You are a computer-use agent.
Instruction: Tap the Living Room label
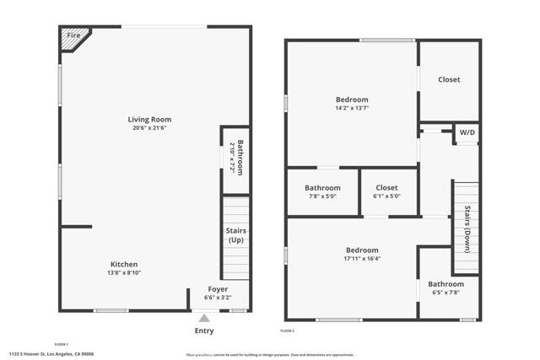point(149,120)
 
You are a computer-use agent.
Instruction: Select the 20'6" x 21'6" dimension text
point(149,128)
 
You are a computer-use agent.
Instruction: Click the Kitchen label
point(124,264)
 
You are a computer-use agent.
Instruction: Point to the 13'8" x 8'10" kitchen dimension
point(124,272)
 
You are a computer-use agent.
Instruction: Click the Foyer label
point(217,288)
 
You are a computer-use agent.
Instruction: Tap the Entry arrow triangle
point(203,319)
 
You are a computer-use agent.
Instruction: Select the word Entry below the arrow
point(204,330)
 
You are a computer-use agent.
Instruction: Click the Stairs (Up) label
point(236,235)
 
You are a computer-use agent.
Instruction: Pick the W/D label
point(466,132)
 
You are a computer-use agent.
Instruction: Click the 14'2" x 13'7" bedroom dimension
point(352,108)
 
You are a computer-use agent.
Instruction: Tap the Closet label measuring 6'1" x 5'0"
point(386,187)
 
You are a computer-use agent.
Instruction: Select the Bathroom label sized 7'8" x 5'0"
point(322,187)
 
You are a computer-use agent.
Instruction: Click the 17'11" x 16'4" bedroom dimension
point(362,259)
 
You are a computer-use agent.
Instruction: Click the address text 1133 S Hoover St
point(51,354)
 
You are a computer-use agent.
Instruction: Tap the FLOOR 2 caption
point(289,331)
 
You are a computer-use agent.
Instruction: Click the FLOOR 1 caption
point(61,344)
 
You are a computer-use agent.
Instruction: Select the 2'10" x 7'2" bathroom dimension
point(232,157)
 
